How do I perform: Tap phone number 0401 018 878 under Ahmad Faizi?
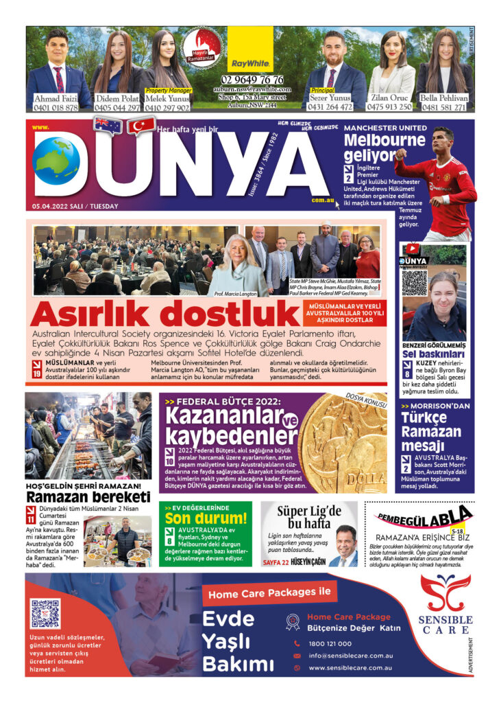point(56,107)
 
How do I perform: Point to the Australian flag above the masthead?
point(108,125)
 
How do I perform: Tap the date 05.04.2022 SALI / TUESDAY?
point(75,206)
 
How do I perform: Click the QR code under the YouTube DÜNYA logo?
point(414,282)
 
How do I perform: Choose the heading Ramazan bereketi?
point(88,496)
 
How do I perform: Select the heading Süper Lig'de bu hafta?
point(309,517)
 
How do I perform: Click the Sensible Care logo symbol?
point(445,592)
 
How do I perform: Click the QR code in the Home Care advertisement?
point(46,613)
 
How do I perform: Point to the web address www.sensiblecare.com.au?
point(350,667)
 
